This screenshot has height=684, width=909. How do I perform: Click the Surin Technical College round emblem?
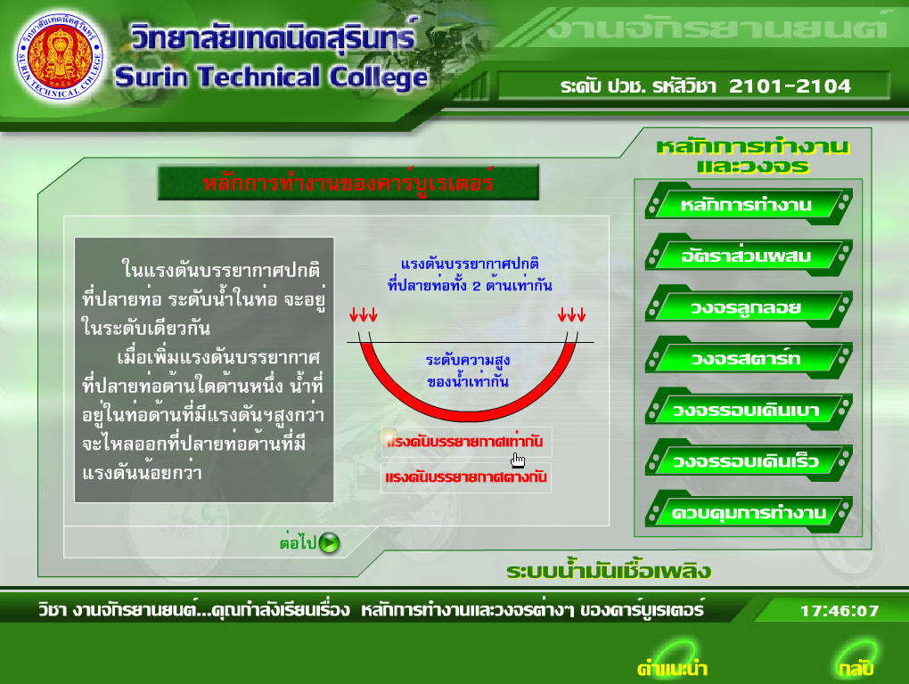[61, 56]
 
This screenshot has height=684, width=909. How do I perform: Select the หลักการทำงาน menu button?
[748, 205]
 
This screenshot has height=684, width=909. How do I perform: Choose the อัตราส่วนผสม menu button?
[748, 256]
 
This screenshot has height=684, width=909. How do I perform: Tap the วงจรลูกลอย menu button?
[748, 307]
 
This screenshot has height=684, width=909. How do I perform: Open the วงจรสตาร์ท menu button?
[748, 358]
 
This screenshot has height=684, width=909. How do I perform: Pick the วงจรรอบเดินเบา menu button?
[748, 410]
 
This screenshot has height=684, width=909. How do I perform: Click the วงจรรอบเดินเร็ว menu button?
[748, 461]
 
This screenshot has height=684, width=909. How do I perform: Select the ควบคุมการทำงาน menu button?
[748, 513]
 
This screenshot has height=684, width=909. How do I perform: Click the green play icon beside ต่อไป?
[329, 542]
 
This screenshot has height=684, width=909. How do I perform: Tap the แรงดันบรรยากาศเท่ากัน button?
[466, 442]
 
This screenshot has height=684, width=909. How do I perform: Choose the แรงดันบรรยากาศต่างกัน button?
[466, 477]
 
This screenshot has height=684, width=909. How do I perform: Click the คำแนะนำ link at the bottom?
[672, 668]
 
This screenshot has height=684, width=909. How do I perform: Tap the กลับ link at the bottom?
[856, 668]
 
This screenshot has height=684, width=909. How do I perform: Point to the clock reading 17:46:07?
[839, 610]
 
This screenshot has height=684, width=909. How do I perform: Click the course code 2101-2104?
[790, 86]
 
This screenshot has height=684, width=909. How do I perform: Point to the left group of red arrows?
[364, 314]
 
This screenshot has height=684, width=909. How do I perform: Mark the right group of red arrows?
[571, 314]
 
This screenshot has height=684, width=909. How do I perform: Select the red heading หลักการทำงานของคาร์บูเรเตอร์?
[348, 183]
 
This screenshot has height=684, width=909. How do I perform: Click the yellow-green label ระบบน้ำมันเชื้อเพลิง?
[609, 571]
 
